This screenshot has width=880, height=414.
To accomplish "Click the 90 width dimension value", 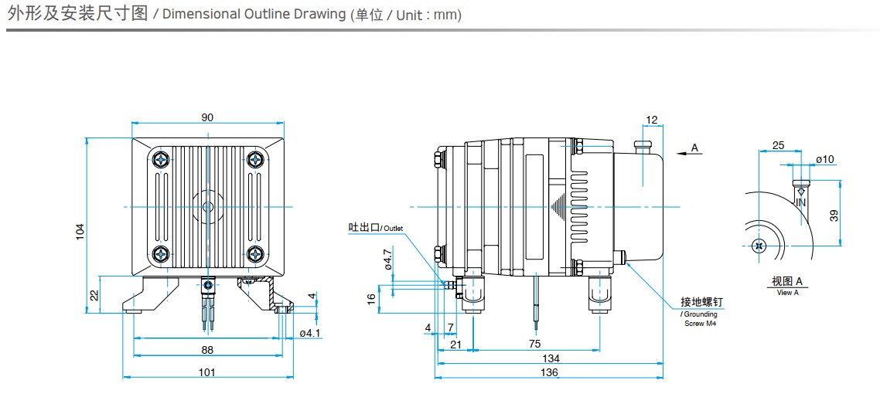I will tap(207, 117).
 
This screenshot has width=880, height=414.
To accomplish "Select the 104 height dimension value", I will tap(80, 231).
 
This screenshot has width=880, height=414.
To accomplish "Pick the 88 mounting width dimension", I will tap(206, 350).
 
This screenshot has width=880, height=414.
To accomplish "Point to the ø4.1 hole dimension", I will tap(309, 333).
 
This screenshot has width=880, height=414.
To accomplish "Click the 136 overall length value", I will tap(549, 372).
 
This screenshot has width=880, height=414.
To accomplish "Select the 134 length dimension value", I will tap(551, 358).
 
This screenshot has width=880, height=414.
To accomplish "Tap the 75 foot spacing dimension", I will tap(535, 344).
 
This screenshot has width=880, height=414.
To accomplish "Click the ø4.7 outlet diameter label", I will tap(388, 259).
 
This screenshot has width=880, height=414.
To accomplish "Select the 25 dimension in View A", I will tap(778, 145).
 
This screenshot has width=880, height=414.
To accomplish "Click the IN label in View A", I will tap(800, 202).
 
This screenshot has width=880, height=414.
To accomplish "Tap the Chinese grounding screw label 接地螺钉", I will tap(701, 302).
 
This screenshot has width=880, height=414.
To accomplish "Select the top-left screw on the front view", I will tap(161, 160).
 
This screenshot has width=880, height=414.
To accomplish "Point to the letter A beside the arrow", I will tap(694, 147).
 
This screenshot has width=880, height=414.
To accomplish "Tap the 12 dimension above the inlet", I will tap(651, 120).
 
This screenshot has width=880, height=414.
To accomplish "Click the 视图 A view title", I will tap(787, 280).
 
